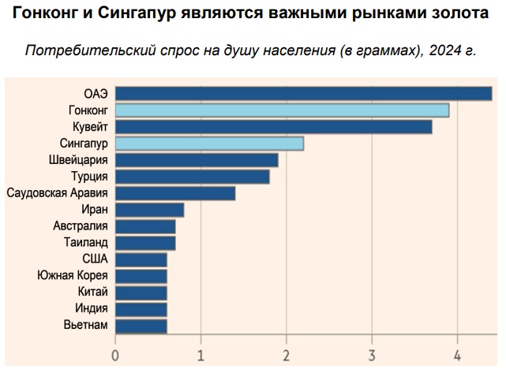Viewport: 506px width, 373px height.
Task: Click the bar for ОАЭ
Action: tap(304, 94)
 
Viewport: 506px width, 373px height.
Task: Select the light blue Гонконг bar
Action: tap(282, 110)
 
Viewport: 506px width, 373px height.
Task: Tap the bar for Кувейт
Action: tap(273, 127)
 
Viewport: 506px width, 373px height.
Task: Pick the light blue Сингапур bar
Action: tap(209, 144)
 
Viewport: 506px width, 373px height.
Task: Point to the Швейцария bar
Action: tap(197, 160)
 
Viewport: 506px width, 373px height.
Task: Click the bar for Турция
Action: tap(193, 177)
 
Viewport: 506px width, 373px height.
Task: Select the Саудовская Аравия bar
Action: tap(175, 193)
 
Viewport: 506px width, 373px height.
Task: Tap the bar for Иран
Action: tap(150, 210)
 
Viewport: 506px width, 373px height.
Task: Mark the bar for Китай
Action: tap(141, 293)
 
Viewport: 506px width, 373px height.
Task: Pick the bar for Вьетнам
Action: tap(141, 326)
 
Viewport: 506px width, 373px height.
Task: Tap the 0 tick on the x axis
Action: tap(116, 355)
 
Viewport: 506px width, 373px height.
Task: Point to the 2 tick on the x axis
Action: tap(287, 355)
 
